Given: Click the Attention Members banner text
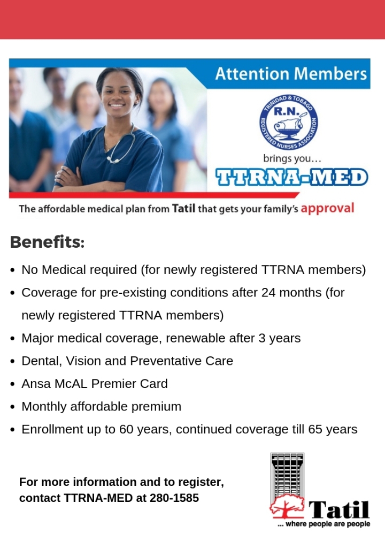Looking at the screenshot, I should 291,73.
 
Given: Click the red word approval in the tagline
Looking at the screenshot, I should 327,208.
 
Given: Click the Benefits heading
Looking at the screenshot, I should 47,242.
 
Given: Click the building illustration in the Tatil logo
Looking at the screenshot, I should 287,476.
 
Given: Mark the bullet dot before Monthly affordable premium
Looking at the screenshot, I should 12,407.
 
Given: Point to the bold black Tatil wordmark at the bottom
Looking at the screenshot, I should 339,508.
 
